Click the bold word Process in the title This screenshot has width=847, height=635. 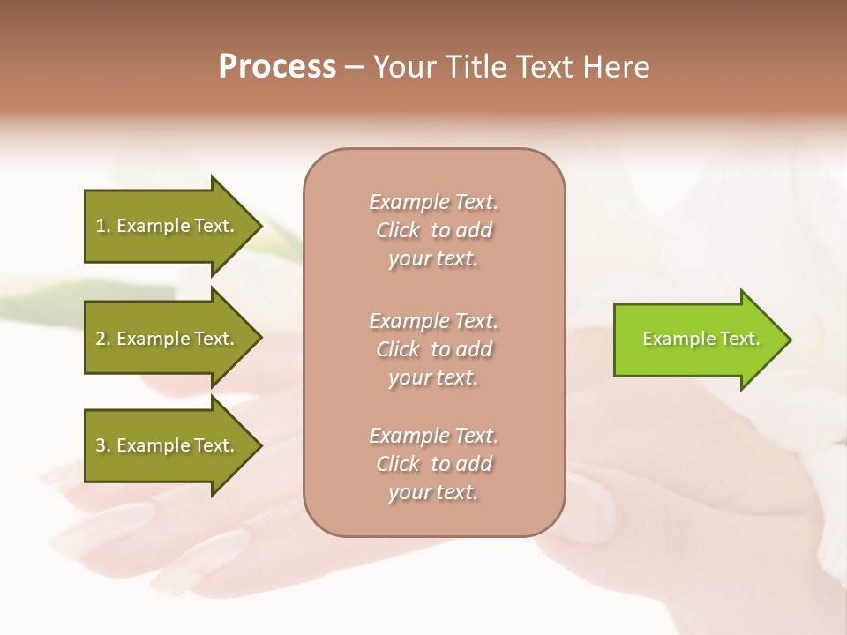pos(277,67)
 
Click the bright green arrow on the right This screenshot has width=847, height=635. pos(697,340)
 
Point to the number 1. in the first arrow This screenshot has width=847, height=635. pos(103,226)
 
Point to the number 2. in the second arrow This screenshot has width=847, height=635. pos(103,339)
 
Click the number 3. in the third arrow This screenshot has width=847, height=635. pos(103,445)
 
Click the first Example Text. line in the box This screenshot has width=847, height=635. pos(433,202)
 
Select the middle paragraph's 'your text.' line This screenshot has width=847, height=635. pos(433,377)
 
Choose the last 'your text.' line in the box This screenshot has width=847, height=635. pos(433,492)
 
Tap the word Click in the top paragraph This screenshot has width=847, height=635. pos(398,230)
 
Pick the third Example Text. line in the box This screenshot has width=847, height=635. pos(433,436)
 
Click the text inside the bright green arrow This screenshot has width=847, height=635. pos(701,339)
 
